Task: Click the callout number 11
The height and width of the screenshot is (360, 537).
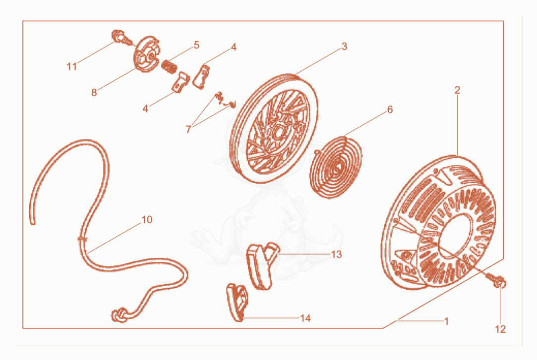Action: [x=71, y=66]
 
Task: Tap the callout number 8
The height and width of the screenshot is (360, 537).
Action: [x=94, y=92]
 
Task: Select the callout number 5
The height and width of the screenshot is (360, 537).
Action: [x=196, y=45]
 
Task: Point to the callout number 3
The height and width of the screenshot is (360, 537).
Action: [x=345, y=47]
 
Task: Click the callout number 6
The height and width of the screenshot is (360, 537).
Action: [x=390, y=110]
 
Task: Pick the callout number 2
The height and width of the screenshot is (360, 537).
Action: [x=457, y=90]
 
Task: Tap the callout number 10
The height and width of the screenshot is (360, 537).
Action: [x=147, y=219]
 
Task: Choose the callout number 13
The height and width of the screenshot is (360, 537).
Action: [x=337, y=255]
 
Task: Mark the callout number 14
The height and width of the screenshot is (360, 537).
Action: [x=305, y=318]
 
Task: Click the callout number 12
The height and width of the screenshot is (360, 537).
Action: [x=500, y=329]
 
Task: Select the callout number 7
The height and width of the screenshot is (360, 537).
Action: [x=188, y=129]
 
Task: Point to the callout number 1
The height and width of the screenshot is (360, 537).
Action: [x=446, y=321]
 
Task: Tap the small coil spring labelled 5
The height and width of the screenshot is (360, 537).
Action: [x=169, y=66]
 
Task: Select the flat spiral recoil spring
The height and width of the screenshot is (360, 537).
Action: [x=336, y=167]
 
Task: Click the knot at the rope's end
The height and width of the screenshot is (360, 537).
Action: [x=119, y=315]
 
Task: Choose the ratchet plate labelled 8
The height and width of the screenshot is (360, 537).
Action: [x=146, y=54]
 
